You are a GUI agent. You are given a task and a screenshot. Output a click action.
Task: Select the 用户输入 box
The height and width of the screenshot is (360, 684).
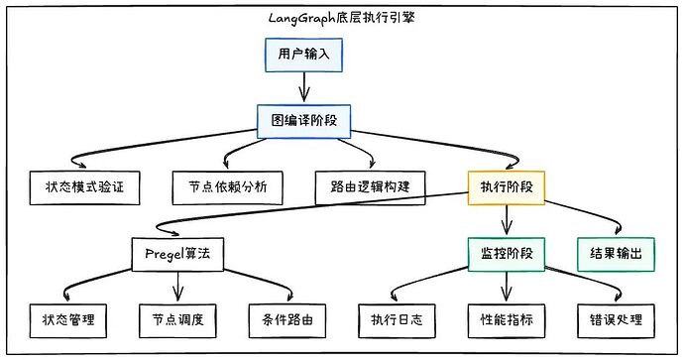tap(303, 55)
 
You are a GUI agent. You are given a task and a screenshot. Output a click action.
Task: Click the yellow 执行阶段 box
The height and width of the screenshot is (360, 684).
tap(506, 185)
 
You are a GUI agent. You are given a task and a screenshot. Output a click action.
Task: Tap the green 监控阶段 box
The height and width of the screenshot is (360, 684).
tap(506, 254)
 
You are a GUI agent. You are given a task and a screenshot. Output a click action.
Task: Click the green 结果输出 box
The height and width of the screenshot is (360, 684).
tap(616, 254)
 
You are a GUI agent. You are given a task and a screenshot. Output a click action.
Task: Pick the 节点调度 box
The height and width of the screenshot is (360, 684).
tap(178, 319)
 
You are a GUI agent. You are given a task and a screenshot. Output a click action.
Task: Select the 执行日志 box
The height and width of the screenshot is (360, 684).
tap(397, 319)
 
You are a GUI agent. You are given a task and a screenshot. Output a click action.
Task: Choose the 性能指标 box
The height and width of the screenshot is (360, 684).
tap(507, 319)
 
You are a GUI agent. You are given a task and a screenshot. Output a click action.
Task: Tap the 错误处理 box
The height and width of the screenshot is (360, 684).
tap(616, 319)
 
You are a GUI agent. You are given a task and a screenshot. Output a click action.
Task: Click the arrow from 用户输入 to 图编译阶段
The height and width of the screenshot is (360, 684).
tap(303, 87)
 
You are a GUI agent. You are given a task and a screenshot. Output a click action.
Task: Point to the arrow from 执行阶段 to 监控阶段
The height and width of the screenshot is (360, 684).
tap(507, 219)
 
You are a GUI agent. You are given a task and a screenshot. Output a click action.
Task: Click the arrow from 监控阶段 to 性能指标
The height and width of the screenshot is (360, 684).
tap(507, 287)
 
